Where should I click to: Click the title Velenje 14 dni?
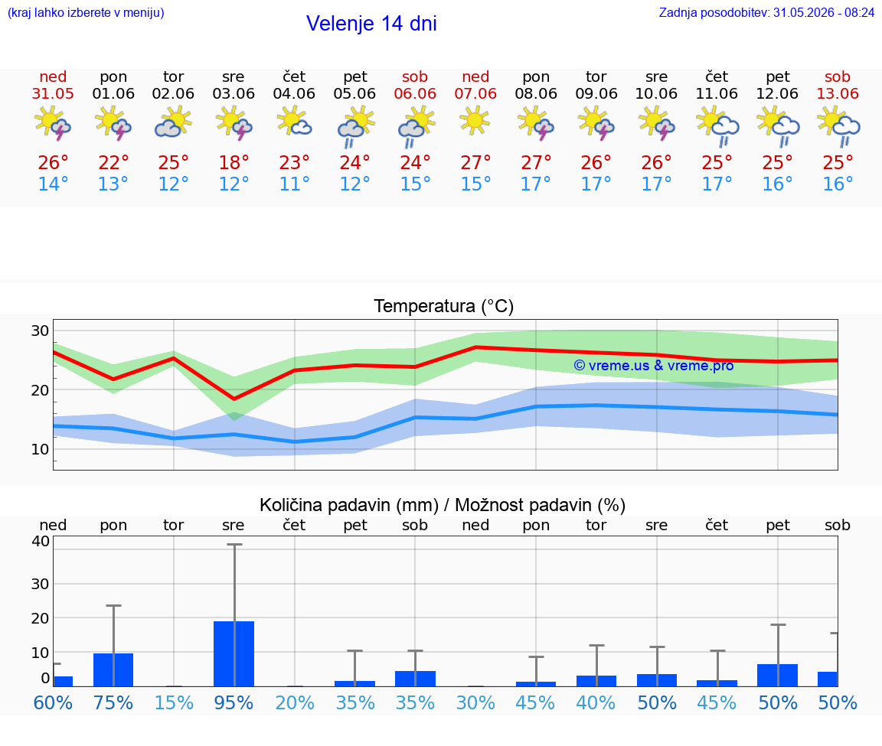click(371, 24)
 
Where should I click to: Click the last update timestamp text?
click(766, 13)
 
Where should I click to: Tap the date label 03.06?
click(234, 94)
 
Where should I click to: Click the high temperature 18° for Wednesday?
click(234, 162)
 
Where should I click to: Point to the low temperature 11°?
click(294, 184)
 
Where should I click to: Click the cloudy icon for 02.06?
click(173, 122)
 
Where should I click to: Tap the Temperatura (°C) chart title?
click(444, 306)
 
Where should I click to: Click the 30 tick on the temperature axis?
click(40, 331)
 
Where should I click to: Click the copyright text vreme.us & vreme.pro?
click(654, 366)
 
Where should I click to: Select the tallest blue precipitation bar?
click(234, 654)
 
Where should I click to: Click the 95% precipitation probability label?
click(234, 702)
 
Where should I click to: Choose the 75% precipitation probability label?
click(113, 702)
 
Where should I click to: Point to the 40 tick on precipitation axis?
click(41, 542)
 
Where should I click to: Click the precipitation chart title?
click(443, 505)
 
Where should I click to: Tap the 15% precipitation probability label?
click(174, 702)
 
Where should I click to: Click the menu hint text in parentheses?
click(86, 13)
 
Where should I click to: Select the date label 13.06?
click(838, 94)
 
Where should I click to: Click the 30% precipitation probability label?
click(475, 702)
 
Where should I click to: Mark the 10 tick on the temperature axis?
click(40, 449)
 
